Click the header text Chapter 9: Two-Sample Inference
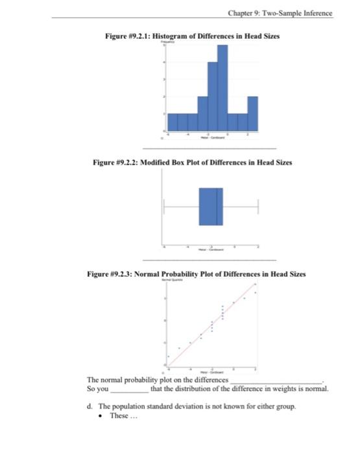click(280, 13)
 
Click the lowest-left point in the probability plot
click(169, 356)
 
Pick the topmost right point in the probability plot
click(255, 293)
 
